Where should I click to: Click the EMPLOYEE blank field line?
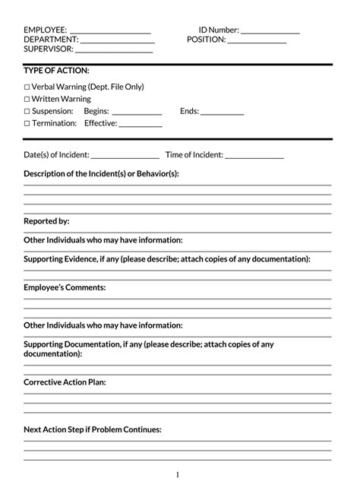(x=110, y=33)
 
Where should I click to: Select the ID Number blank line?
(x=270, y=33)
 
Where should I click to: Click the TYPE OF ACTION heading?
(x=56, y=71)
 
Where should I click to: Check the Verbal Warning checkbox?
(x=27, y=87)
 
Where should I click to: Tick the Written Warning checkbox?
(x=27, y=100)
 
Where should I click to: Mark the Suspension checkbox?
(x=27, y=111)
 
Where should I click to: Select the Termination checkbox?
(x=27, y=123)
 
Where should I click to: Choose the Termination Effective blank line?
(x=141, y=125)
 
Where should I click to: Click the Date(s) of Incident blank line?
(x=125, y=157)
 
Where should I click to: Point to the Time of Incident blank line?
(x=254, y=157)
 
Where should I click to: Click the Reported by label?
(x=46, y=221)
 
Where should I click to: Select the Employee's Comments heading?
(x=65, y=288)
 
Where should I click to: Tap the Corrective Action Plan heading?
(x=65, y=382)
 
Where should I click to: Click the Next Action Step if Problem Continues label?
(x=93, y=429)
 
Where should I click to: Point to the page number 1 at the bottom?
(x=178, y=475)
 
